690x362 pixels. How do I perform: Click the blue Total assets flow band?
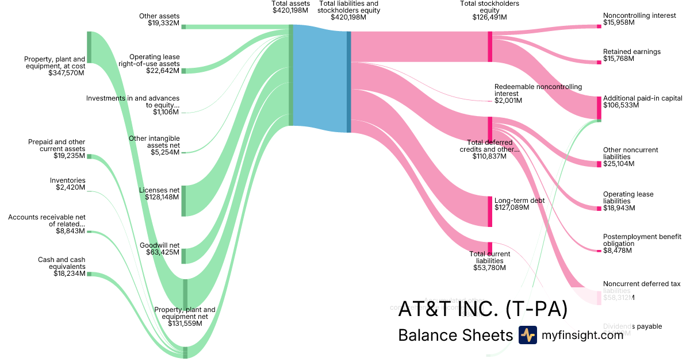pos(320,78)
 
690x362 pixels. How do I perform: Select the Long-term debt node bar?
pos(490,211)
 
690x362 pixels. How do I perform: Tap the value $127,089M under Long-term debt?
pos(511,207)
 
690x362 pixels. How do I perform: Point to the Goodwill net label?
pos(160,245)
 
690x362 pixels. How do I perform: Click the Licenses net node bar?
pos(183,201)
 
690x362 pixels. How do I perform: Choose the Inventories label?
pos(68,180)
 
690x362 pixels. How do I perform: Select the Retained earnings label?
pos(631,52)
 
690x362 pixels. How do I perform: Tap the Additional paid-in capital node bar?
pos(599,107)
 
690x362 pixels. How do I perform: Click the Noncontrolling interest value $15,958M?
pos(619,23)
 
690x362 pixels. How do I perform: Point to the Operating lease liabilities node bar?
pos(599,208)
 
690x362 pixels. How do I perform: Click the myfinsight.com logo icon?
pos(527,335)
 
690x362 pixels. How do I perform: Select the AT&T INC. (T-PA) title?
pos(482,309)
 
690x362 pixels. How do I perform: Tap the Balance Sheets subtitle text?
pos(455,335)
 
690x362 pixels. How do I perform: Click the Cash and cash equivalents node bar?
pos(89,274)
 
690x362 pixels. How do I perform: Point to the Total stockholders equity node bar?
pos(490,47)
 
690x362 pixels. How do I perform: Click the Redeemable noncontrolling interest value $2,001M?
pos(508,101)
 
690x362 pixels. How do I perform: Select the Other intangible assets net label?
pos(155,141)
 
